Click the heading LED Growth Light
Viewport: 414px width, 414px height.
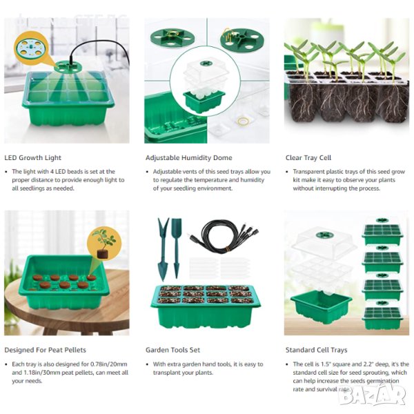pos(32,157)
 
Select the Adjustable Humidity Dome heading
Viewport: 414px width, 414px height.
pos(189,157)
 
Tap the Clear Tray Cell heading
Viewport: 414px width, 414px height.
pos(308,157)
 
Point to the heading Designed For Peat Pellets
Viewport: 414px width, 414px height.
pos(45,350)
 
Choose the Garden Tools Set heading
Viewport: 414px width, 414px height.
pos(172,350)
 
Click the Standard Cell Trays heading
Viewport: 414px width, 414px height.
pos(316,350)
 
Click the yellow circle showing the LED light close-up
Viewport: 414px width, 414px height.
pos(32,48)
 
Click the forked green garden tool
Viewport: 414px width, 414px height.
pos(162,248)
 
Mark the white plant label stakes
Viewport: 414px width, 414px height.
pos(219,268)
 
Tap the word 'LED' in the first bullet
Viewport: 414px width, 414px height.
pos(60,172)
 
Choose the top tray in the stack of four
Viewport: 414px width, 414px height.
pos(382,230)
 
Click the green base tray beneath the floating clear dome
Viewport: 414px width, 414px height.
pos(321,306)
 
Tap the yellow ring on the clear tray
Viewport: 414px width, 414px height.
pos(243,121)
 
